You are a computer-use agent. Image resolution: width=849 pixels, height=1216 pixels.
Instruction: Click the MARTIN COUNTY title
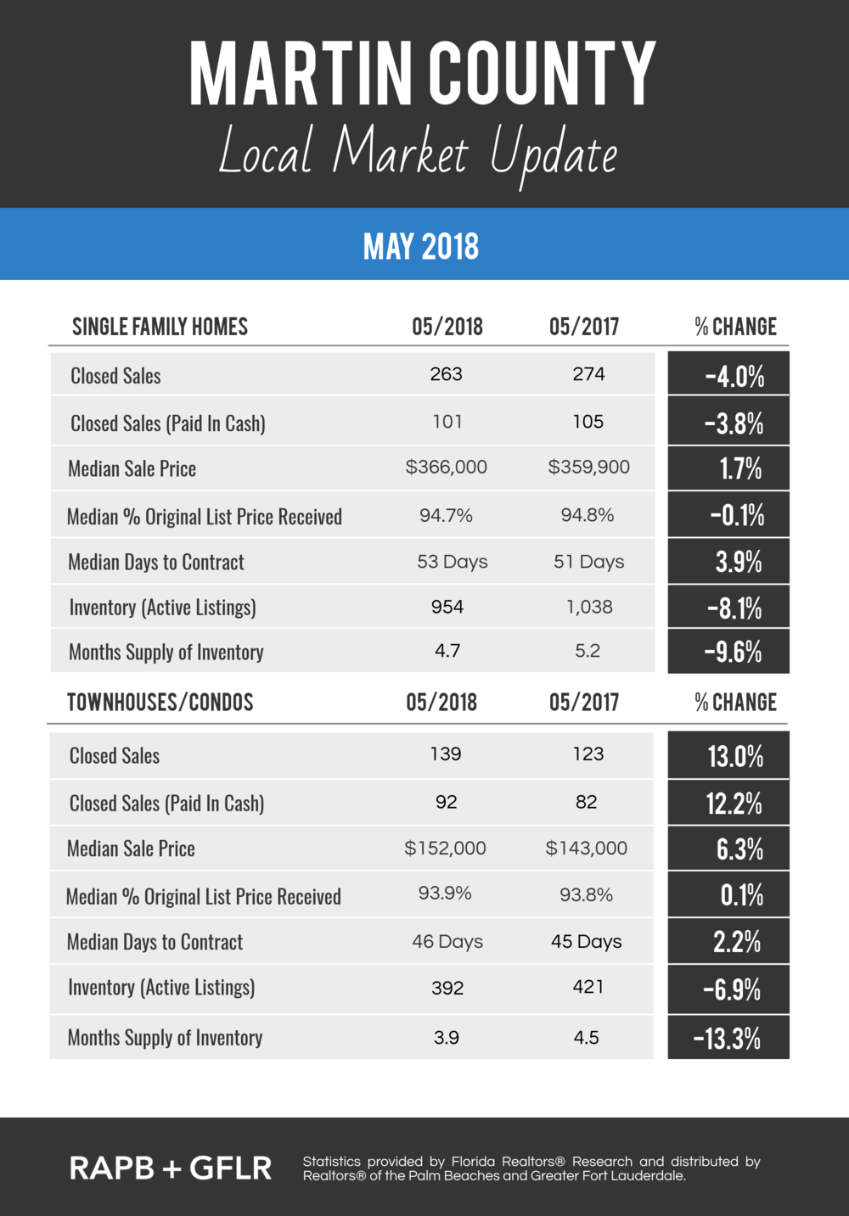pos(422,74)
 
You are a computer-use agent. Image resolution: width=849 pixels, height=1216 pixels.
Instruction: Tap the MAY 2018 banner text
pos(421,246)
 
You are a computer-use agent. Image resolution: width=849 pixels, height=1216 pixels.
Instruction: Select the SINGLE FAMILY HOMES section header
pos(160,326)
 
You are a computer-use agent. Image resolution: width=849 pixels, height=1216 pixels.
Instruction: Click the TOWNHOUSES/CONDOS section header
pos(160,702)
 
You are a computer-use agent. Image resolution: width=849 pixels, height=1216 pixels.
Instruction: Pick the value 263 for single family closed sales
pos(446,374)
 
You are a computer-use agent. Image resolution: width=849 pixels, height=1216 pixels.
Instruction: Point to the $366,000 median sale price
pos(446,467)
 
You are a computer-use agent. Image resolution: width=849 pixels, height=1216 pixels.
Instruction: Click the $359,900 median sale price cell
pos(588,467)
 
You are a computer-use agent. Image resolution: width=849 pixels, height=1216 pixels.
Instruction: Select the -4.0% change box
pos(728,373)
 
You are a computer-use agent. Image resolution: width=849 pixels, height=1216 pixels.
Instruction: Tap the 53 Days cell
pos(452,561)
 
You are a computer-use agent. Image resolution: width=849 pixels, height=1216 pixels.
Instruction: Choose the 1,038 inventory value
pos(589,607)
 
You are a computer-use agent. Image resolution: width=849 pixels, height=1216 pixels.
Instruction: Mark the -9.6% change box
pos(728,652)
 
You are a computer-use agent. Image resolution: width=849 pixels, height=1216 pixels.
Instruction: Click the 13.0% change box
pos(728,755)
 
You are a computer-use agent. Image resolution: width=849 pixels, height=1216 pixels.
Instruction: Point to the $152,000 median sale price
pos(445,848)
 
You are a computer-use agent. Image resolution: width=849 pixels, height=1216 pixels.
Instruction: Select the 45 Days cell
pos(586,941)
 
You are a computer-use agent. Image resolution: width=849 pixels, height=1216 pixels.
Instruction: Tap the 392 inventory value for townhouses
pos(447,988)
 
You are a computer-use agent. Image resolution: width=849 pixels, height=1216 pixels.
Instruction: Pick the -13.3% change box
pos(728,1037)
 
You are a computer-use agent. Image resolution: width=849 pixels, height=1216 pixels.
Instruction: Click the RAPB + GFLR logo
pos(171,1168)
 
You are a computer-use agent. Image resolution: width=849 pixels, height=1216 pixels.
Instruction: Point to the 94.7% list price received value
pos(446,514)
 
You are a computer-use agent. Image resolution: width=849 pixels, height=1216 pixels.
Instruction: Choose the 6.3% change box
pos(728,849)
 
